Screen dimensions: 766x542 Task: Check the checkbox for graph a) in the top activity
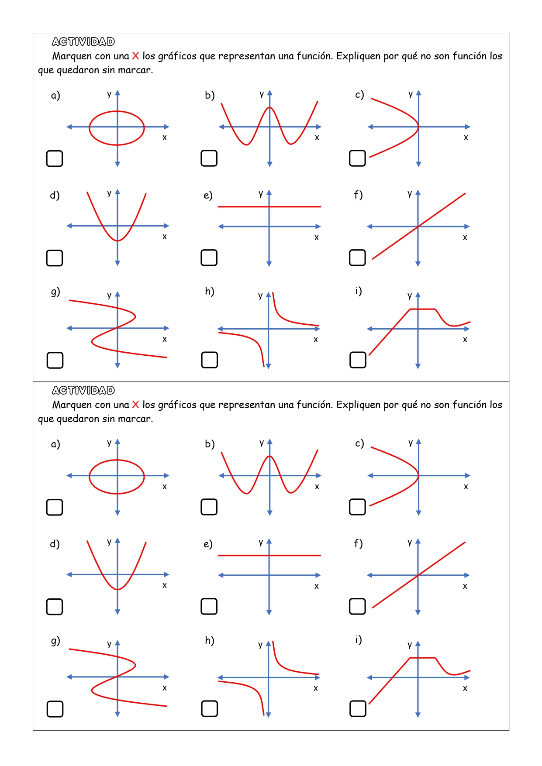coord(55,158)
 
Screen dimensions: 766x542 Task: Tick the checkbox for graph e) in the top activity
coord(209,258)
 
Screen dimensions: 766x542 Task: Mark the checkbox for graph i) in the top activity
coord(358,360)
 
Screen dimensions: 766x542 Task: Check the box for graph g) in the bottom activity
coord(55,709)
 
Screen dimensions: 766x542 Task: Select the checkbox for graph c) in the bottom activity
coord(357,507)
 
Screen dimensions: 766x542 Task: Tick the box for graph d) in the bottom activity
coord(55,606)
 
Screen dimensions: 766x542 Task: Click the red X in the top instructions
coord(135,56)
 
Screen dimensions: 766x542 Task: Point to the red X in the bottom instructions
coord(135,405)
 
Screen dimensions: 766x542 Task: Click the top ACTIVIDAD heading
coord(83,42)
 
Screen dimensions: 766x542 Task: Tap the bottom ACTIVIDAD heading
coord(83,391)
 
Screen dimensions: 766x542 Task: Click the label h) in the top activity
coord(210,291)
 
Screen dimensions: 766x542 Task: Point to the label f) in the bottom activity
coord(358,543)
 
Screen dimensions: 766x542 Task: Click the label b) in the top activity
coord(210,95)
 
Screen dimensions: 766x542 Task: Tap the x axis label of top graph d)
coord(165,237)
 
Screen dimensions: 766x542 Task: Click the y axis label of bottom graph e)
coord(261,542)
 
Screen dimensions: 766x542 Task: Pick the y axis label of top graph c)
coord(411,94)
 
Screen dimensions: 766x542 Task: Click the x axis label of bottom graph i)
coord(465,688)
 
